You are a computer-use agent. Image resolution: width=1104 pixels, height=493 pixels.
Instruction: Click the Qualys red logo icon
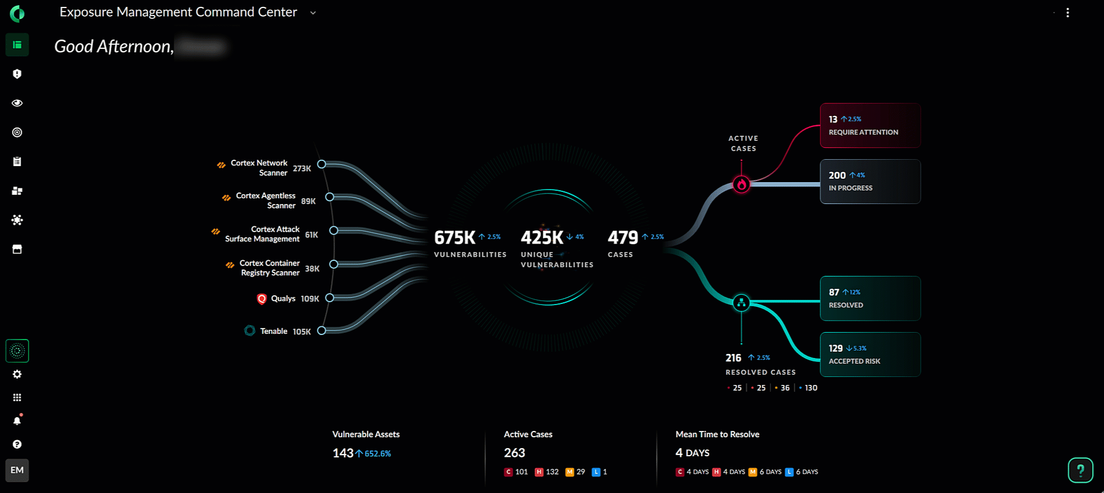tap(262, 299)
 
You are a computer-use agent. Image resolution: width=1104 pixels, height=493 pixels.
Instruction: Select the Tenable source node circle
tap(321, 330)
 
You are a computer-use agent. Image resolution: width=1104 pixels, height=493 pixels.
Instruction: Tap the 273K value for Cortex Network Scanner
tap(302, 168)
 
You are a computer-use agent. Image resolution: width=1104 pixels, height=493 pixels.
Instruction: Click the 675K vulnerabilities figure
tap(454, 237)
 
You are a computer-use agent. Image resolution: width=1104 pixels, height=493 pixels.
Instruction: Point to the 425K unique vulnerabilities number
tap(542, 237)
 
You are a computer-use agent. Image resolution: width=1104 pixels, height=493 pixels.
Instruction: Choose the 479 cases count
tap(623, 237)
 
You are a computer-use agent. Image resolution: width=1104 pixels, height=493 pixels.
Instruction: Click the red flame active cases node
tap(741, 184)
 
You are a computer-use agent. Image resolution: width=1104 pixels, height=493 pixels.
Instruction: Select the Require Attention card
tap(870, 125)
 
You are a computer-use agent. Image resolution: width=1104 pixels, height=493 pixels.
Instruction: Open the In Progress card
tap(870, 182)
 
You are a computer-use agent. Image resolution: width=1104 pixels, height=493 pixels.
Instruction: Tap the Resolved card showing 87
tap(870, 298)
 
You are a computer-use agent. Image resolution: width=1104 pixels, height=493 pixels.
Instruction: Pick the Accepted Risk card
tap(870, 355)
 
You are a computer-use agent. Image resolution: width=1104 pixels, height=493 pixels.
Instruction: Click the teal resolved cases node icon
tap(741, 302)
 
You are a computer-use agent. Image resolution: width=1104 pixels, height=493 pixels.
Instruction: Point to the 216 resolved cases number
tap(733, 358)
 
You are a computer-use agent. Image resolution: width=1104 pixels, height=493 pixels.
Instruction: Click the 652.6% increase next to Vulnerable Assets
tap(377, 454)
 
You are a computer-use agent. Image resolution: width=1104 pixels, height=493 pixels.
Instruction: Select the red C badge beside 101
tap(508, 472)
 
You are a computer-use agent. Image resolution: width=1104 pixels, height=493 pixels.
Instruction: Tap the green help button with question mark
tap(1080, 471)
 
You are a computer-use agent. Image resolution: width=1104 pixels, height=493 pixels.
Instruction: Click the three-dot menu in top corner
tap(1068, 13)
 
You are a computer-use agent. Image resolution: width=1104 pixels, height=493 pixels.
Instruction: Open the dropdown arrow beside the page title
tap(313, 13)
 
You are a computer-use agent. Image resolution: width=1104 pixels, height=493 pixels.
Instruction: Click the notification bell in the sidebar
tap(17, 421)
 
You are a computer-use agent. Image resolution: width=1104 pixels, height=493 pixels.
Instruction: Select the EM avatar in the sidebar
tap(17, 470)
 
